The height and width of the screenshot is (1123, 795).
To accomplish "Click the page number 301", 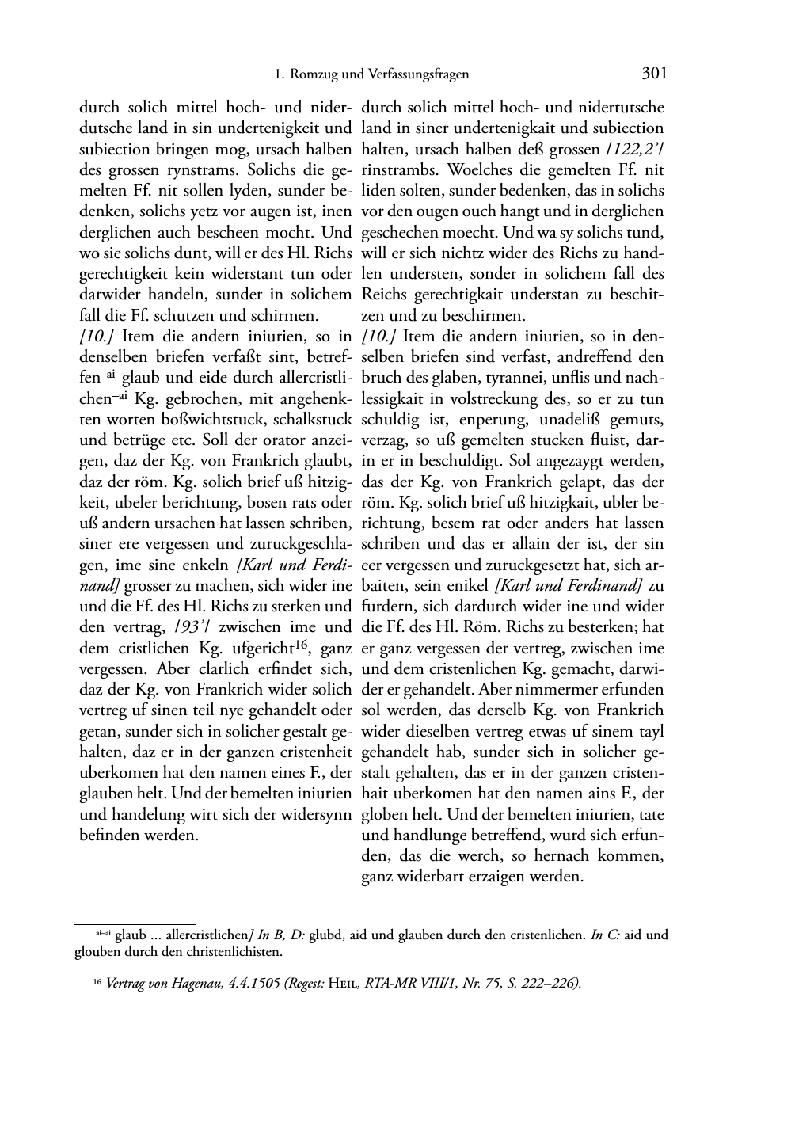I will tap(654, 74).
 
